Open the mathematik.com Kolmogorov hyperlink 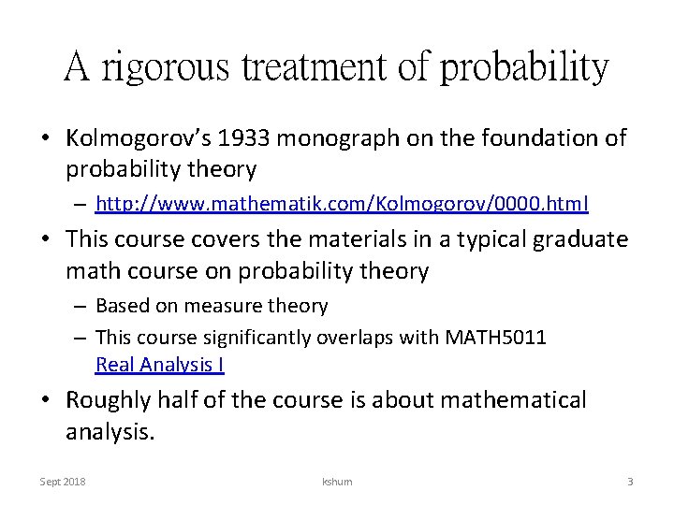tap(342, 202)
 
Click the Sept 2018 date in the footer tap(62, 481)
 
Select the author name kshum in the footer tap(336, 481)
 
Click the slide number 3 tap(630, 481)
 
